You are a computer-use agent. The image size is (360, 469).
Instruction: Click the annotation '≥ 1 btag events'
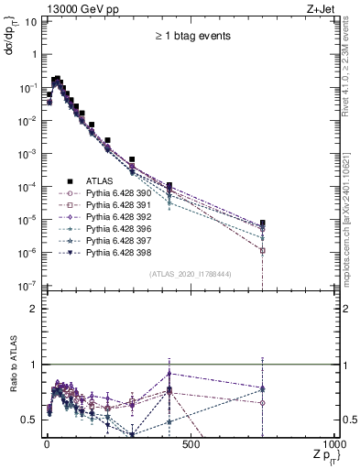(x=191, y=37)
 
